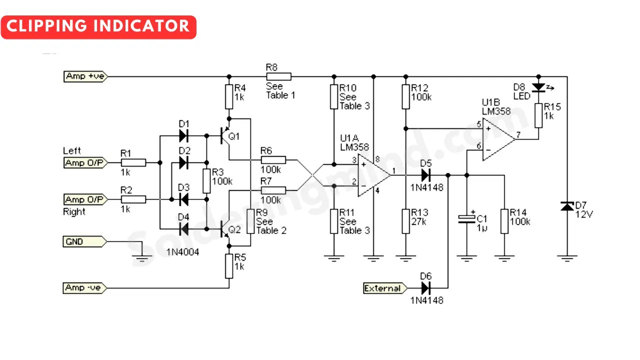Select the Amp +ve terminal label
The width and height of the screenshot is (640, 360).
[84, 76]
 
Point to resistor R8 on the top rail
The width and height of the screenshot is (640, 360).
[278, 76]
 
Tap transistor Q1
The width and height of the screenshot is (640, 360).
[224, 136]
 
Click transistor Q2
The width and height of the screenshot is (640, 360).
[224, 230]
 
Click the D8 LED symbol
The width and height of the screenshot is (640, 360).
[538, 87]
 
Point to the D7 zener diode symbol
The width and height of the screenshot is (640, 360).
[567, 206]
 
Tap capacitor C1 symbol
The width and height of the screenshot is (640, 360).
[466, 219]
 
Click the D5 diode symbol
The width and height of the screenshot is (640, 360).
[426, 175]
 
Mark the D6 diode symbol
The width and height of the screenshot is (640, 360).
[426, 288]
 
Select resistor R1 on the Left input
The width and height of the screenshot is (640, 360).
[133, 162]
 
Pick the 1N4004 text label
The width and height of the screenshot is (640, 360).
[182, 252]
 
